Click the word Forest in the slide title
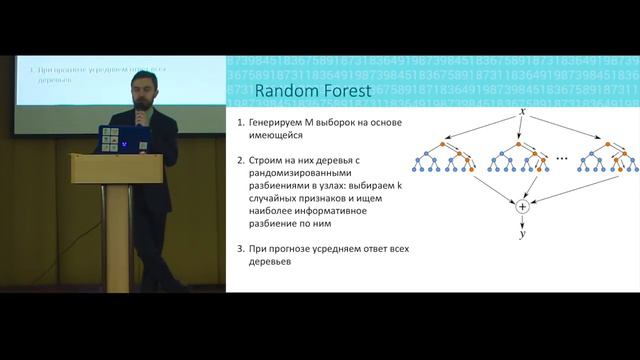pos(341,93)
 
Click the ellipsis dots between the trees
pos(562,158)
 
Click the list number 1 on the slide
pos(240,121)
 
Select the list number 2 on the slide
pos(240,160)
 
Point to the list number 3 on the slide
pos(240,247)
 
